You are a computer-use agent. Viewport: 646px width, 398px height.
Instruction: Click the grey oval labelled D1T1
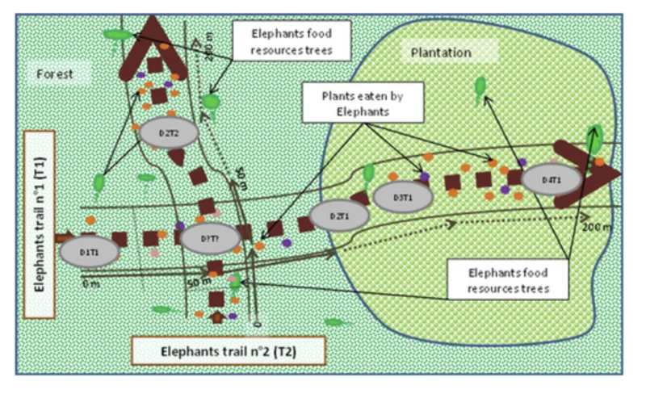coord(89,252)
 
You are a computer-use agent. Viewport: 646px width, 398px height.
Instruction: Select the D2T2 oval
coord(168,132)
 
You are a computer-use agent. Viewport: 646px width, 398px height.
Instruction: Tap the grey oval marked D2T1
coord(338,216)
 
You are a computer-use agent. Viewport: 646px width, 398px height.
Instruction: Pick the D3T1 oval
coord(403,197)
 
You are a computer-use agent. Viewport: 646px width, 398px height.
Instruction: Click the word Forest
coord(55,74)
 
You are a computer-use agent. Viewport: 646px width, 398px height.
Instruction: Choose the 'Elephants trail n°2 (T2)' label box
coord(229,352)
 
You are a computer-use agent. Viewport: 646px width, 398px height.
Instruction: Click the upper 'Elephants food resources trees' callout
coord(290,40)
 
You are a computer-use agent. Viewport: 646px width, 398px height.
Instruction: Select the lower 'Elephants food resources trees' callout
coord(510,277)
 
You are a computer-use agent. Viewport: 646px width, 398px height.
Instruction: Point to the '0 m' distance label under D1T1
coord(90,283)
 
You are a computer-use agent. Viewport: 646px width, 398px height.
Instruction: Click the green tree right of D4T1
coord(595,136)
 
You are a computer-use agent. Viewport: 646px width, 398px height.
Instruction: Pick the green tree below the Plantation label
coord(480,86)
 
